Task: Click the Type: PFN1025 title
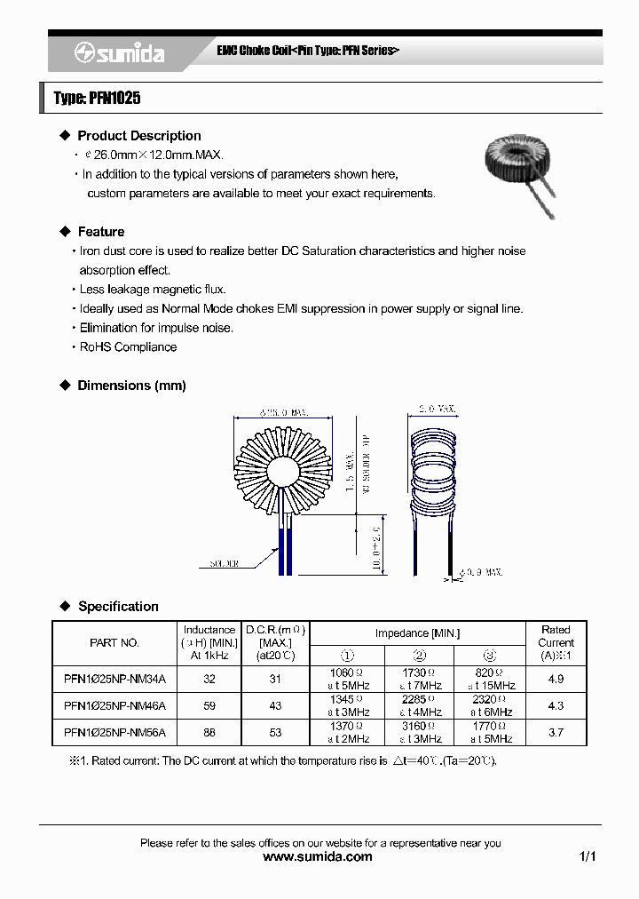click(x=98, y=99)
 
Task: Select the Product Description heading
click(x=139, y=136)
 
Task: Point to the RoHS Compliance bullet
click(x=128, y=347)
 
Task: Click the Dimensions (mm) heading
click(x=131, y=386)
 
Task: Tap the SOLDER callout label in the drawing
click(x=227, y=563)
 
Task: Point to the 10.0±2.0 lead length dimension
click(x=375, y=544)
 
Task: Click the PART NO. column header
click(x=114, y=642)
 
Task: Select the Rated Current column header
click(x=556, y=642)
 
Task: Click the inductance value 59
click(x=209, y=706)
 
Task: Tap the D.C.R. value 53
click(x=275, y=733)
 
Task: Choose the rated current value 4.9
click(x=556, y=680)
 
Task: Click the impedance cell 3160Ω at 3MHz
click(x=418, y=733)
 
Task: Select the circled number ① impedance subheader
click(x=346, y=656)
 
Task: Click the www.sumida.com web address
click(x=319, y=857)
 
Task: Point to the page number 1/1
click(x=588, y=857)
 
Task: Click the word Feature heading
click(x=101, y=232)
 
